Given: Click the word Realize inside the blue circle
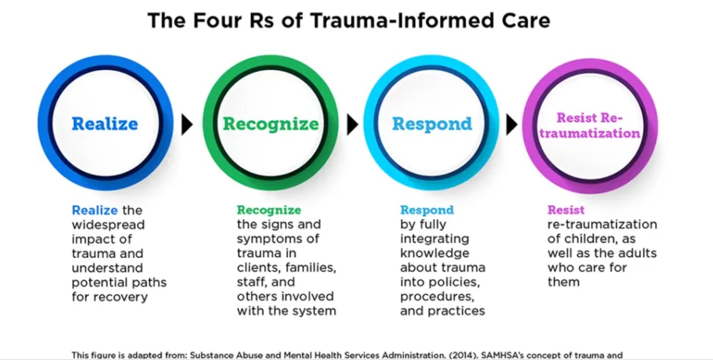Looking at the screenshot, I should (105, 124).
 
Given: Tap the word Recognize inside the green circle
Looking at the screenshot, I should (270, 124).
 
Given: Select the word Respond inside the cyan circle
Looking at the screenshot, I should (432, 124).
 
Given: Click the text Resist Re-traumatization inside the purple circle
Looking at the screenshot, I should (590, 126).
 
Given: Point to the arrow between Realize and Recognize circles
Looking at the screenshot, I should (187, 125).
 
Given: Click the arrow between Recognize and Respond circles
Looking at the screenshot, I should (352, 125).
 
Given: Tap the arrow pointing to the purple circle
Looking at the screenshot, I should (511, 125).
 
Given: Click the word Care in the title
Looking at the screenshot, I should (524, 21).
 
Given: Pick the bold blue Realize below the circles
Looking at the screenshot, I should (95, 210).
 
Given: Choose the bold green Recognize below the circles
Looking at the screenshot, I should (269, 210).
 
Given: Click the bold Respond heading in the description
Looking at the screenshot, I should (427, 210).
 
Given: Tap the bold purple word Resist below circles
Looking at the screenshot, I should (566, 210).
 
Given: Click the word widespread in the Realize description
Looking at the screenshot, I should (108, 225).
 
